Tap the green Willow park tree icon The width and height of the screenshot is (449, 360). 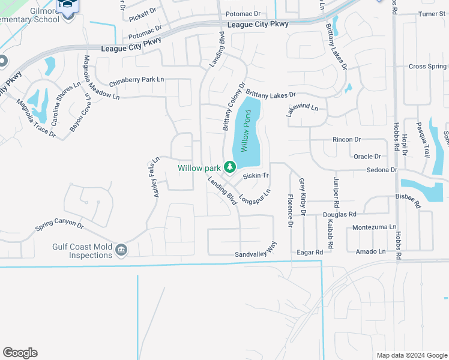[x=229, y=167]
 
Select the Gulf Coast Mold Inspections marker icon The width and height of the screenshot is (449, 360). [x=121, y=250]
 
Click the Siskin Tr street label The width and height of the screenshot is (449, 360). [x=255, y=176]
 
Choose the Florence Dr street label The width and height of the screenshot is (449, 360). [x=290, y=209]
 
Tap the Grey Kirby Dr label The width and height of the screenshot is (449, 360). [x=303, y=197]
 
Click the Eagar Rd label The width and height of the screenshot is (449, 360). [x=310, y=253]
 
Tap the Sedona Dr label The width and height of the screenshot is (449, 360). [x=382, y=170]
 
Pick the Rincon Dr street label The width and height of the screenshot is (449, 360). [x=347, y=140]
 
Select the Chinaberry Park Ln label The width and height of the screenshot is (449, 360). [x=136, y=79]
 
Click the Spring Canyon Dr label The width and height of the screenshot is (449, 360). [x=59, y=226]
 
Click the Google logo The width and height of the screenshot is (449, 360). [x=20, y=353]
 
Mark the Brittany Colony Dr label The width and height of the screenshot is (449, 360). [x=235, y=106]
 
